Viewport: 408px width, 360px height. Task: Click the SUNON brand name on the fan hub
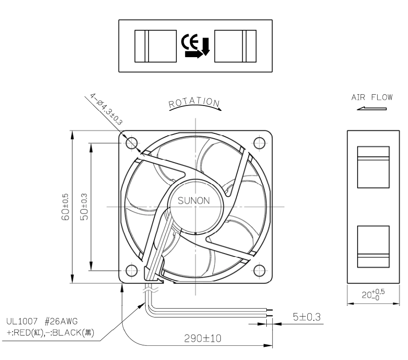click(193, 201)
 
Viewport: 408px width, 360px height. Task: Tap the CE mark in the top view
click(190, 42)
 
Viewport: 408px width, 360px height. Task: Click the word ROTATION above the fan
click(194, 102)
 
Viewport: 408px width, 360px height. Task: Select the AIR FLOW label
click(372, 97)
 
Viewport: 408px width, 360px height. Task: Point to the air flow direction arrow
click(371, 109)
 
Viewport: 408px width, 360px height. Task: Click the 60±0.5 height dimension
click(65, 207)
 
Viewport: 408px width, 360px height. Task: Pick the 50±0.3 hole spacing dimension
click(84, 207)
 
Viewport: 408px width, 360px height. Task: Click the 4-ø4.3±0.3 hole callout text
click(106, 109)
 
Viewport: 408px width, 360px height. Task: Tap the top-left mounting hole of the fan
click(131, 143)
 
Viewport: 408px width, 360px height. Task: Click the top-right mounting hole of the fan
click(259, 143)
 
